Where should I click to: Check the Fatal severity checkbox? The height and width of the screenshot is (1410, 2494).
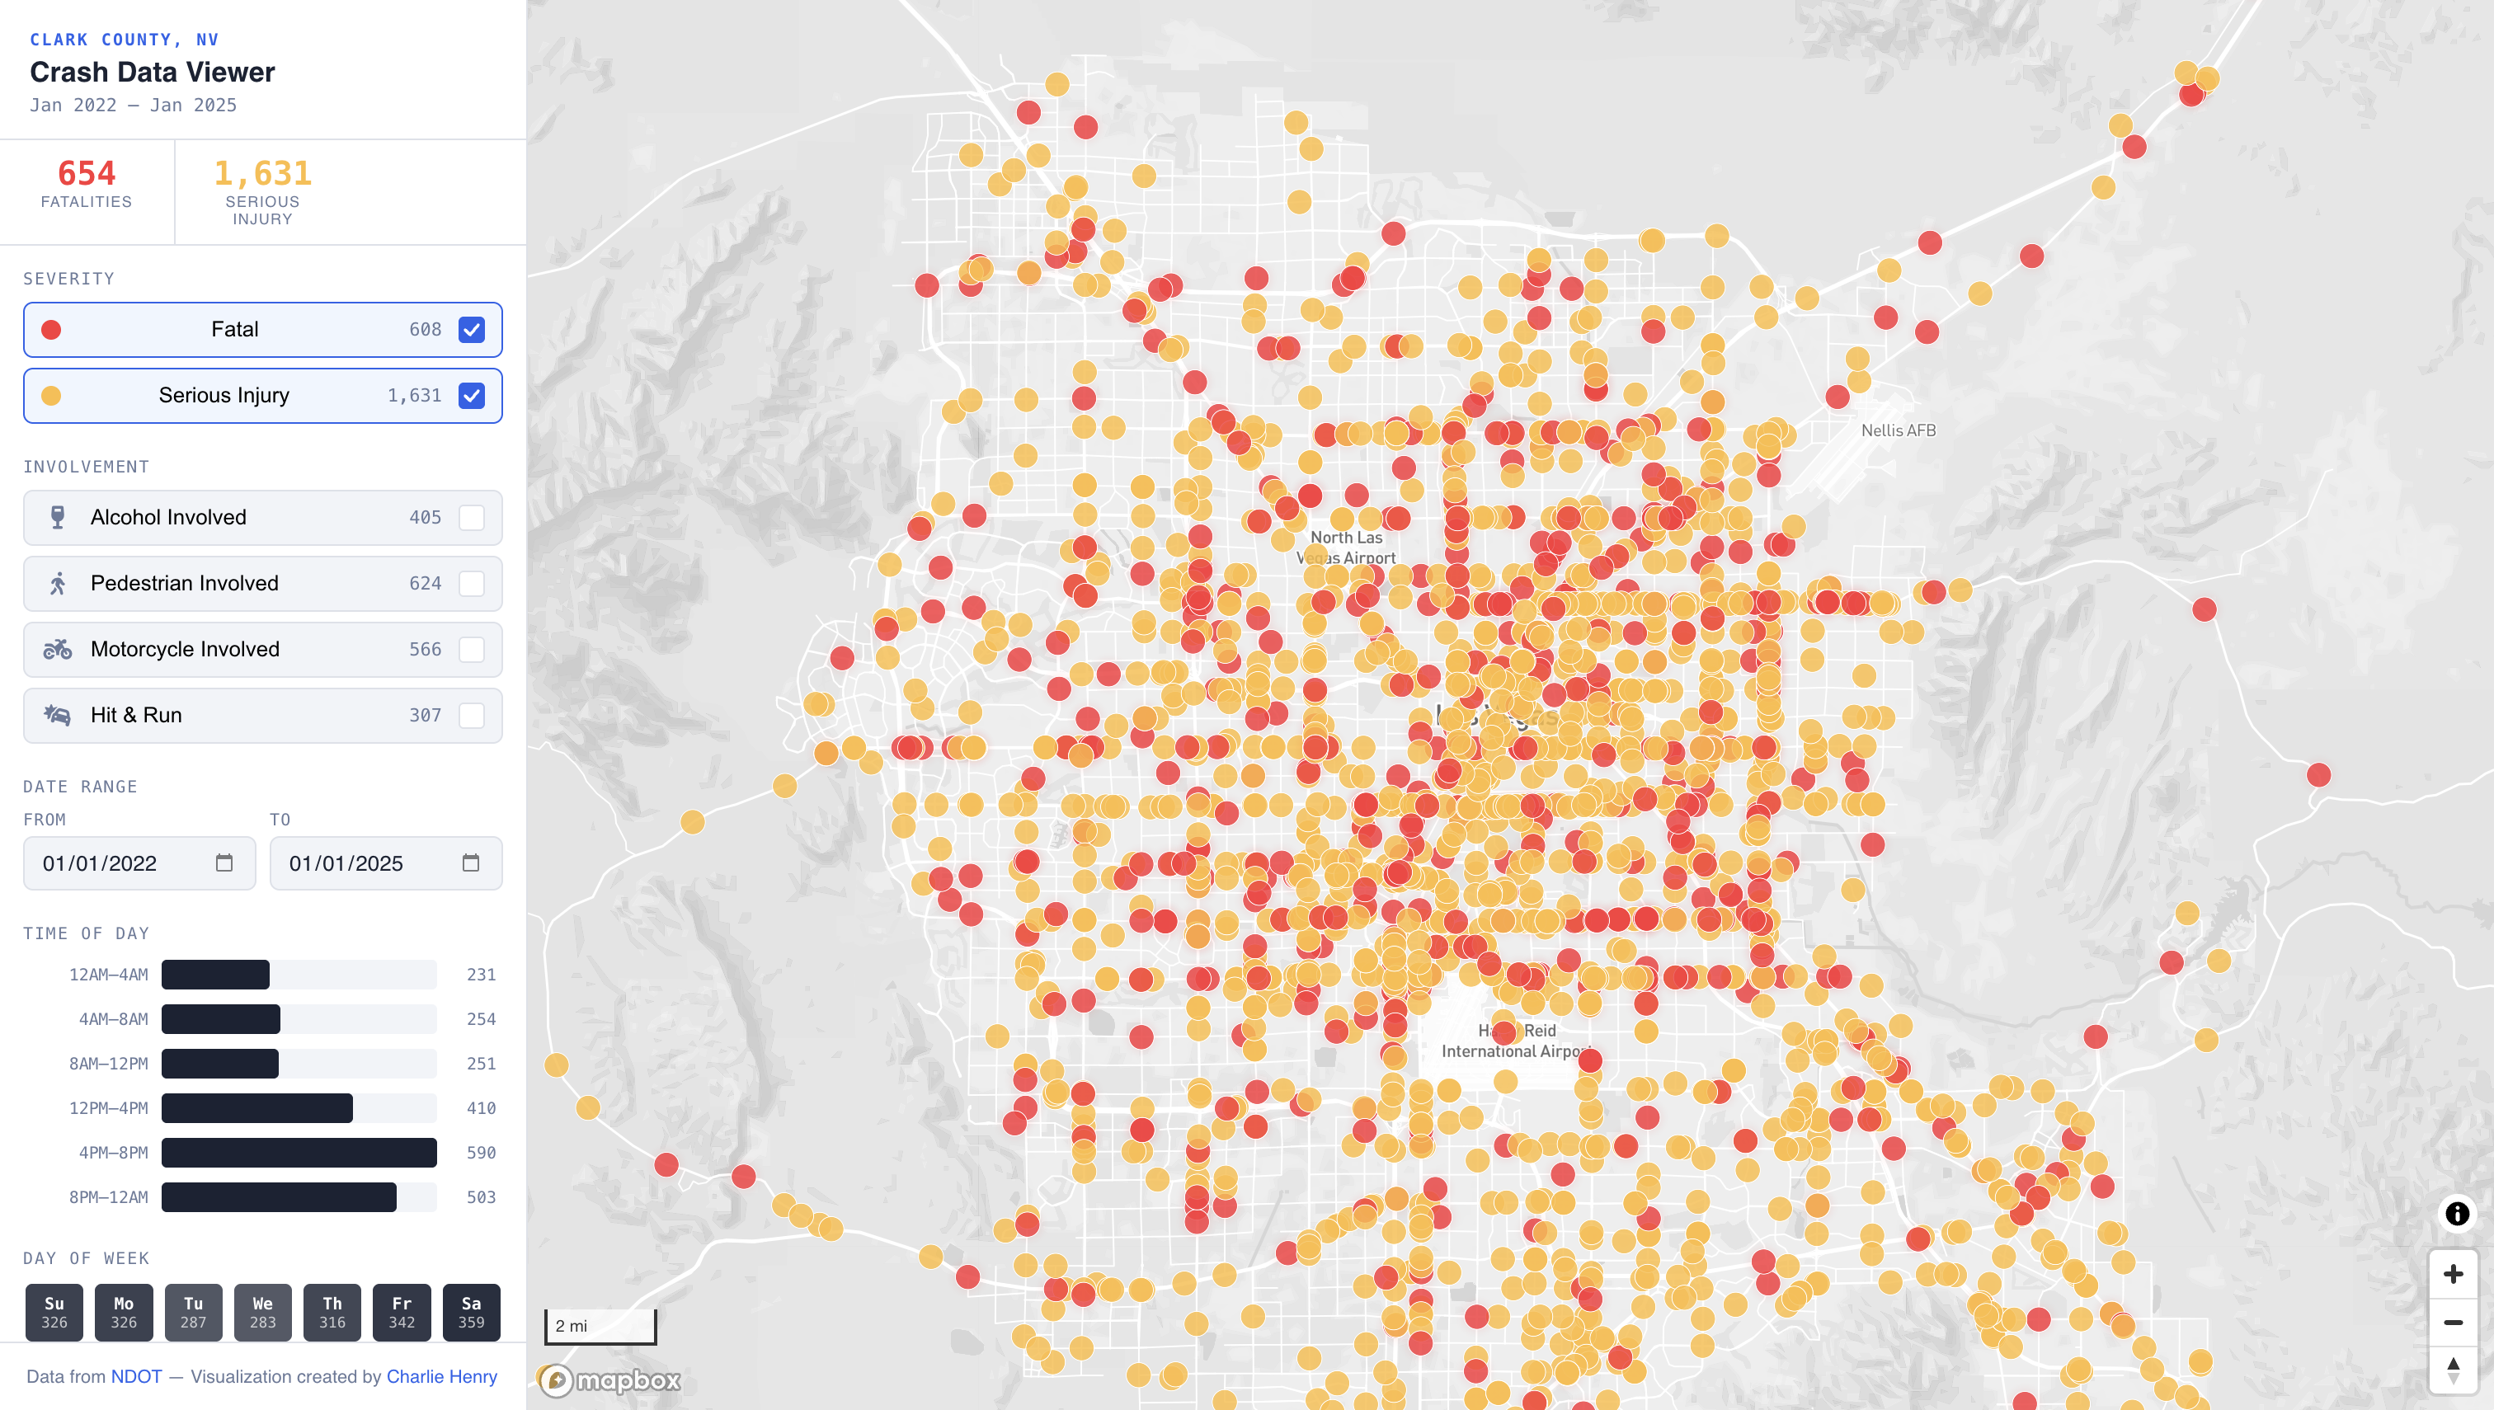pyautogui.click(x=472, y=329)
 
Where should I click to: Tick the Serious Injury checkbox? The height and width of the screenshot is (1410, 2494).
pyautogui.click(x=472, y=395)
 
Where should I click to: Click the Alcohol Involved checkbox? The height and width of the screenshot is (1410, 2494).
pyautogui.click(x=472, y=517)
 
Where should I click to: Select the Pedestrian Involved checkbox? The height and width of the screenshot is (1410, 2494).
pyautogui.click(x=472, y=583)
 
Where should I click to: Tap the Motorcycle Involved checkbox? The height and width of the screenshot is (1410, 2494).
pyautogui.click(x=472, y=649)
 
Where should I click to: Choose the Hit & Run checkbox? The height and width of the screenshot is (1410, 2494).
pyautogui.click(x=472, y=715)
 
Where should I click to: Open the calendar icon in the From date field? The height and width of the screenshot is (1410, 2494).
pyautogui.click(x=224, y=862)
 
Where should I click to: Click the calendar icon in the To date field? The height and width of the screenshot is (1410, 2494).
pyautogui.click(x=471, y=862)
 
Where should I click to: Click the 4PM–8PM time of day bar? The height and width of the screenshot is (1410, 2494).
pyautogui.click(x=299, y=1153)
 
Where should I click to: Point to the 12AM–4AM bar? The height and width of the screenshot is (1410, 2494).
pyautogui.click(x=215, y=974)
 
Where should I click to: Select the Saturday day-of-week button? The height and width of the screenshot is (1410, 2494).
pyautogui.click(x=471, y=1312)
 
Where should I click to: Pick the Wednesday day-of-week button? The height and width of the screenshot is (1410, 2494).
pyautogui.click(x=262, y=1312)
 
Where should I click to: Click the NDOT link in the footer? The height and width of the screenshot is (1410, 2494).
pyautogui.click(x=135, y=1376)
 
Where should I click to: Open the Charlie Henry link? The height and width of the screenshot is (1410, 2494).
pyautogui.click(x=442, y=1376)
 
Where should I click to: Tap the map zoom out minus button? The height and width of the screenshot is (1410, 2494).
pyautogui.click(x=2453, y=1322)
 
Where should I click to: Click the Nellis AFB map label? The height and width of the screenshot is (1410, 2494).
pyautogui.click(x=1898, y=430)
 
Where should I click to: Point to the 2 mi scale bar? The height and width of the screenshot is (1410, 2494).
pyautogui.click(x=600, y=1326)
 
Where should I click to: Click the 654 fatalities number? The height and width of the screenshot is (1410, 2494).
pyautogui.click(x=87, y=173)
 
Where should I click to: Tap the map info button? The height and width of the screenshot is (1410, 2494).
pyautogui.click(x=2456, y=1214)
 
